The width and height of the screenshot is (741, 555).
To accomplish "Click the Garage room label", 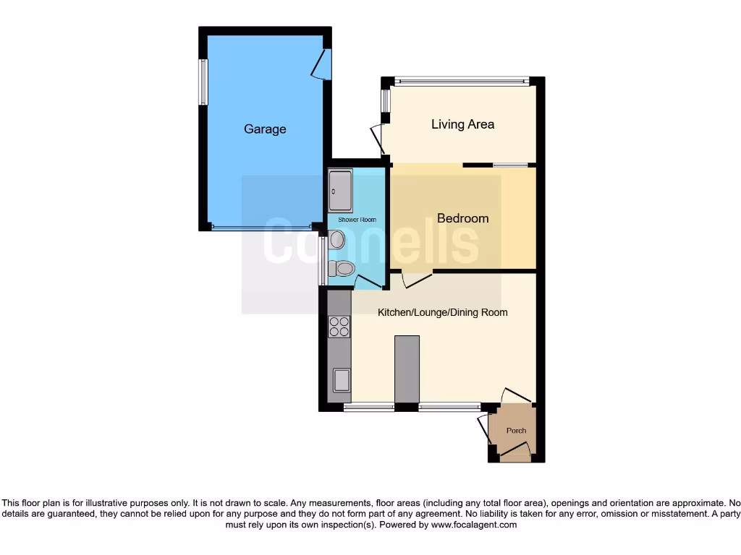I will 265,129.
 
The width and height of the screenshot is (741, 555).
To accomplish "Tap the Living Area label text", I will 462,124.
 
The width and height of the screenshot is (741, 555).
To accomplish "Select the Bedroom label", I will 462,218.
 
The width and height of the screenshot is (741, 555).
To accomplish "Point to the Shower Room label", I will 357,220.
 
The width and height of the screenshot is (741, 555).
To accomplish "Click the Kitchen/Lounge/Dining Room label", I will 442,312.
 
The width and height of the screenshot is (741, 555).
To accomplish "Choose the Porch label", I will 516,431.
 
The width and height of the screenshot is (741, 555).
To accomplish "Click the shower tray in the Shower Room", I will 340,191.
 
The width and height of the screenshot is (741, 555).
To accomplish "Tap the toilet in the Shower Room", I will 342,269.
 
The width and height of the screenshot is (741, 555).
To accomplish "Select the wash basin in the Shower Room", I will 336,240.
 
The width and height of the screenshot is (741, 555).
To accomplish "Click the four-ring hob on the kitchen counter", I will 339,327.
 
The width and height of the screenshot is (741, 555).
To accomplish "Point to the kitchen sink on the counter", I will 340,379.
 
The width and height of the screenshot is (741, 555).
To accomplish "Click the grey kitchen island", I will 407,369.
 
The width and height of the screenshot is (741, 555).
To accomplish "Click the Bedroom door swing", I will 416,279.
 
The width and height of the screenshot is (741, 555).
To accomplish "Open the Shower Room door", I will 368,282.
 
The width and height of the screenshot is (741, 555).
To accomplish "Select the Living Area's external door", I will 377,139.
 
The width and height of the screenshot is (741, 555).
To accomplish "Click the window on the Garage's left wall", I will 203,82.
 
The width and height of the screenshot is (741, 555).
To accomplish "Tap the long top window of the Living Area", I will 462,82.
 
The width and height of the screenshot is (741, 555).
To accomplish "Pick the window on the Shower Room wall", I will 322,261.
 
